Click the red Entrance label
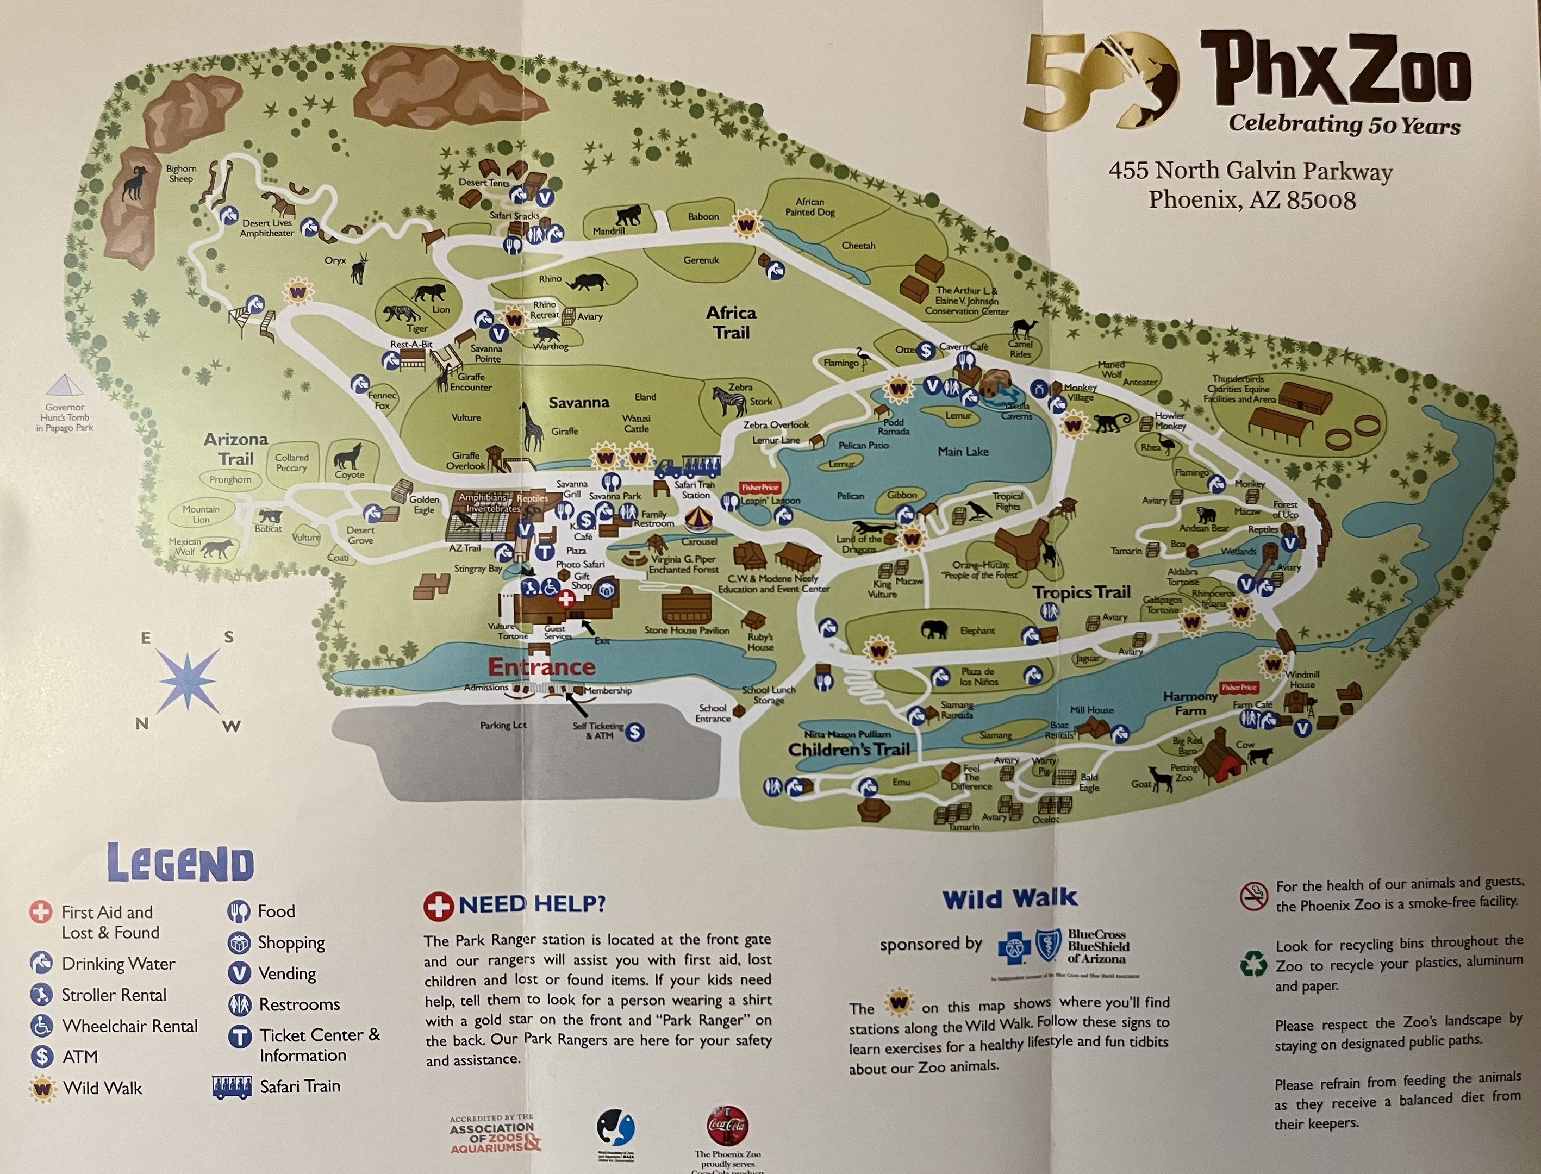[541, 667]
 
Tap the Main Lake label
[963, 452]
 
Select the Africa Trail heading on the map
[731, 322]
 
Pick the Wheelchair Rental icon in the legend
[42, 1026]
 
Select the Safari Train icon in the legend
[232, 1086]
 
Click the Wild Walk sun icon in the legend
[42, 1089]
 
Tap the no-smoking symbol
[1254, 896]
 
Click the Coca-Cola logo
[727, 1127]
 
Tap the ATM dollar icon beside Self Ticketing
[634, 732]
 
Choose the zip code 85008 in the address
[1321, 201]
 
